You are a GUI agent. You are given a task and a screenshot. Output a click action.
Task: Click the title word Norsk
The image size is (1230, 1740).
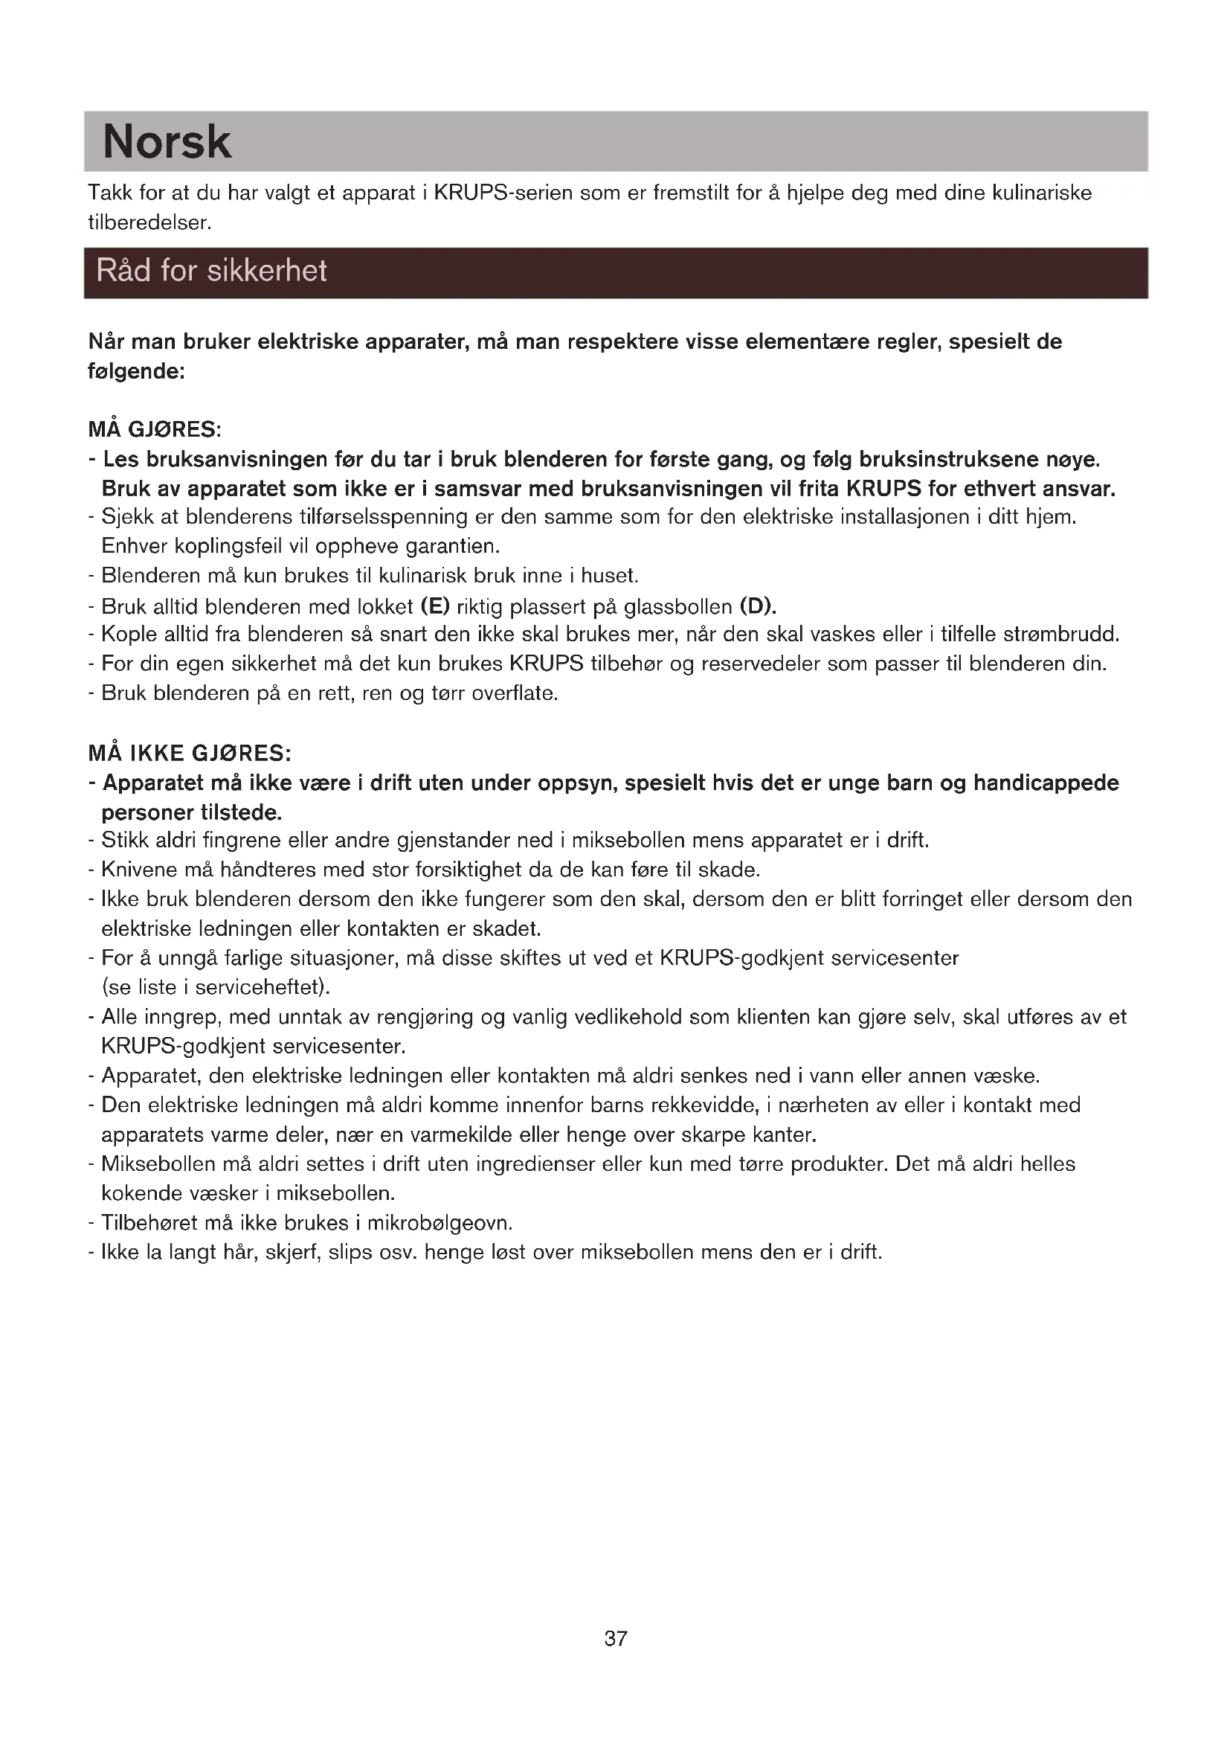pos(167,142)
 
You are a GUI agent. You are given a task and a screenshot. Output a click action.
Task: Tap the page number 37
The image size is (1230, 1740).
pos(615,1638)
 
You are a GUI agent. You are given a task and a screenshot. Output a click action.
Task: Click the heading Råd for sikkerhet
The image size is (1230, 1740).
pos(211,272)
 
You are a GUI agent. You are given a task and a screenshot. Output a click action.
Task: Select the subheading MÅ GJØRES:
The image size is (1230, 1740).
pos(155,430)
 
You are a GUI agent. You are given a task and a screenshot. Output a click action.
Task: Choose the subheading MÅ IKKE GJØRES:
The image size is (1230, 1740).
pos(190,754)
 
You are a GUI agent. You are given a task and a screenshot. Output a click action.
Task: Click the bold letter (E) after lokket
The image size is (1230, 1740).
pos(435,606)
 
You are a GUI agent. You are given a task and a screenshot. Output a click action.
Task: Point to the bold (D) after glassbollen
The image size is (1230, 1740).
pos(758,606)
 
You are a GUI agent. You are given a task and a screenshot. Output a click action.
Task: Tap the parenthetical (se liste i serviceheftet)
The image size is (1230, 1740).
pos(216,987)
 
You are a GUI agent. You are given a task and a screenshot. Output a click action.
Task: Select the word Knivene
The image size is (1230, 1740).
pos(139,870)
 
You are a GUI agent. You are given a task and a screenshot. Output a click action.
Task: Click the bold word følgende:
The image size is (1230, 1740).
pos(137,372)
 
